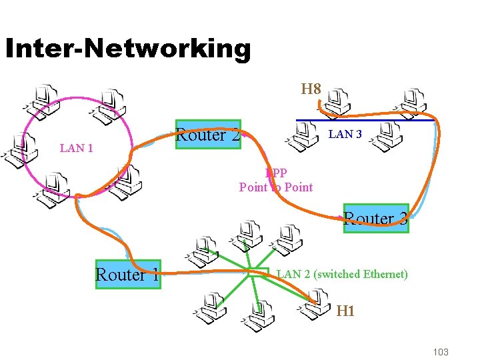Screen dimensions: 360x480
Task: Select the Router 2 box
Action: click(207, 134)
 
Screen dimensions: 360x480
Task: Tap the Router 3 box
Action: click(375, 218)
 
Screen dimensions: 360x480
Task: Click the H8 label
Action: click(311, 89)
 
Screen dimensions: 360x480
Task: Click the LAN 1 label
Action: click(76, 148)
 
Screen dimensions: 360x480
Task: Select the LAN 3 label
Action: click(345, 134)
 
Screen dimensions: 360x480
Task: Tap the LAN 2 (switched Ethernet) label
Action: click(342, 274)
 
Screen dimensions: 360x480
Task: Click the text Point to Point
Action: click(275, 187)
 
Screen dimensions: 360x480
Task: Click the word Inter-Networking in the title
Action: click(127, 49)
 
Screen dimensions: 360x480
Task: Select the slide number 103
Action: click(440, 352)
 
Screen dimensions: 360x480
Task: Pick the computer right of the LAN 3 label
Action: click(385, 135)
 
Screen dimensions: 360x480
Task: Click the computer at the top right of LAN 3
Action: click(412, 100)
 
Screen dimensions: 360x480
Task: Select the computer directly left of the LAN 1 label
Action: click(20, 149)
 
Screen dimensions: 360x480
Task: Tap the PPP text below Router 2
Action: click(275, 173)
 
